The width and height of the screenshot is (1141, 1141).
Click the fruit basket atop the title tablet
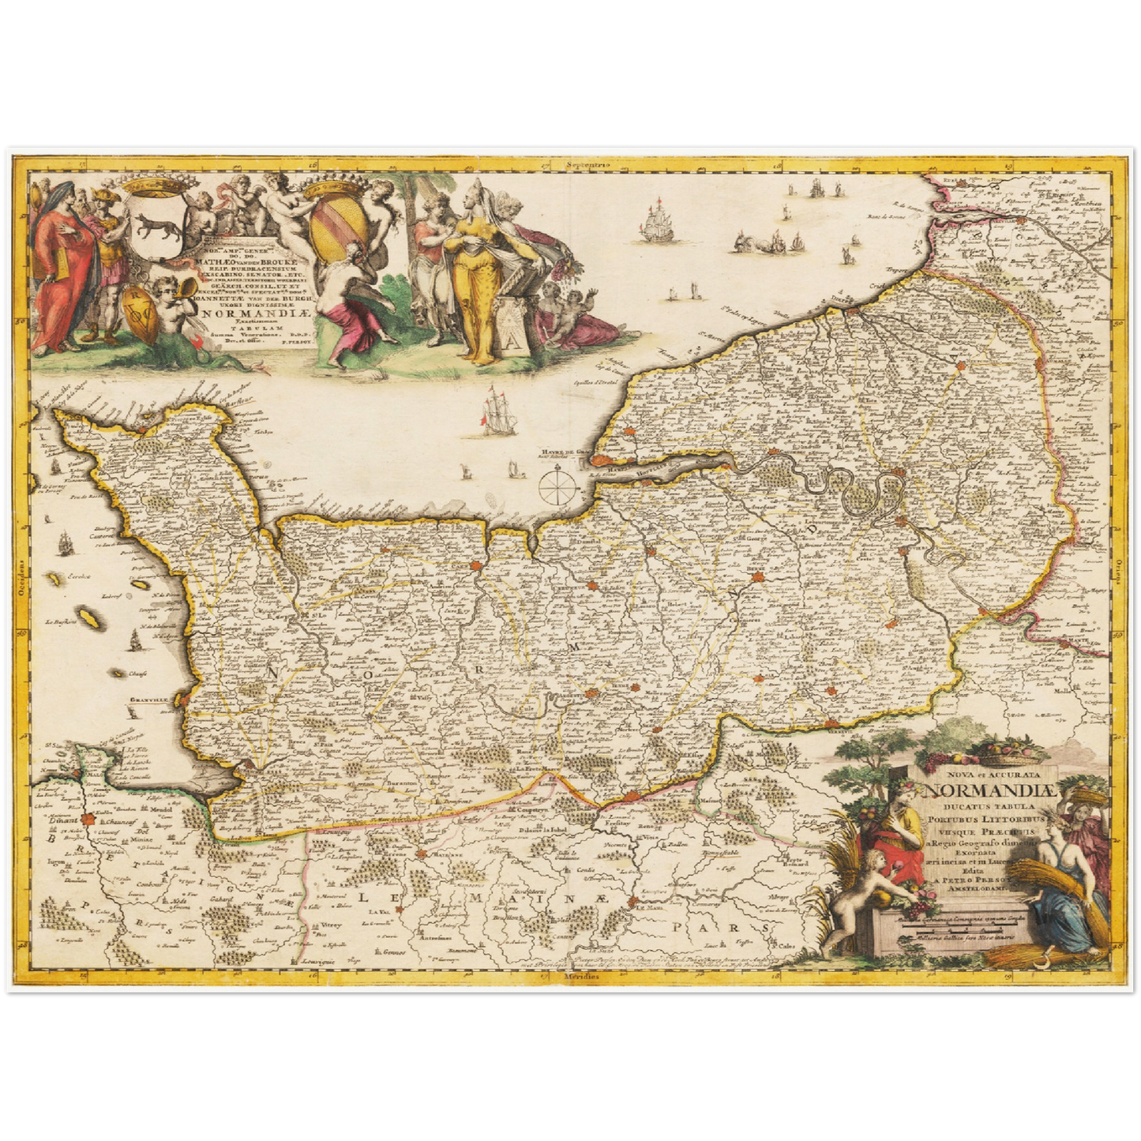pyautogui.click(x=1002, y=750)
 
